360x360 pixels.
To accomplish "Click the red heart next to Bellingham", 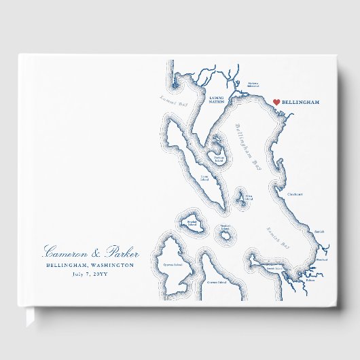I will coord(276,102).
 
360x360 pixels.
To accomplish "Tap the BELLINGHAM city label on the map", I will coord(300,102).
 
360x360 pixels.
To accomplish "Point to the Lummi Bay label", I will coord(174,101).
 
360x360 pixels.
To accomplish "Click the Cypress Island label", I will coord(173,266).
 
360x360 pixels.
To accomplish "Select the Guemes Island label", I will coord(217,281).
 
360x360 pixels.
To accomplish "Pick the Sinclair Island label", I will coord(191,222).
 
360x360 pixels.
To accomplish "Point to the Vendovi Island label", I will coord(226,226).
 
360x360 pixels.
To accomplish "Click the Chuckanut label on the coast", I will coord(295,194).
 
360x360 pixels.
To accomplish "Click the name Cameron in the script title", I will coord(65,250).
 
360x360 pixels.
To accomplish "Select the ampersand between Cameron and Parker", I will coord(90,251).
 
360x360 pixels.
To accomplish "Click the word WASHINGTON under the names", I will coord(111,266).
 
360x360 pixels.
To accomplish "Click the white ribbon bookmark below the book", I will coord(30,317).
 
